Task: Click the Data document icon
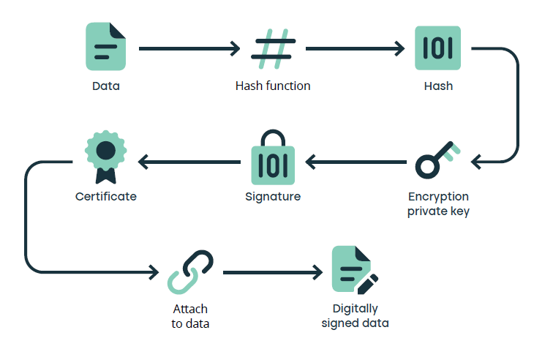pos(105,46)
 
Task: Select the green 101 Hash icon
pos(437,48)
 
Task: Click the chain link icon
pos(190,273)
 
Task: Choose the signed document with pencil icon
pos(353,270)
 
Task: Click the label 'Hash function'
pos(273,86)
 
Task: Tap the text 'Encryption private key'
pos(438,205)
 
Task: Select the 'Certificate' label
pos(106,197)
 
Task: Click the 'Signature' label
pos(273,197)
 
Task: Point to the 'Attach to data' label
pos(190,316)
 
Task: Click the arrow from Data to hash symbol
pos(189,49)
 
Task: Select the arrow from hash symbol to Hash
pos(355,49)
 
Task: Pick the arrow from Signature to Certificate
pos(189,160)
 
